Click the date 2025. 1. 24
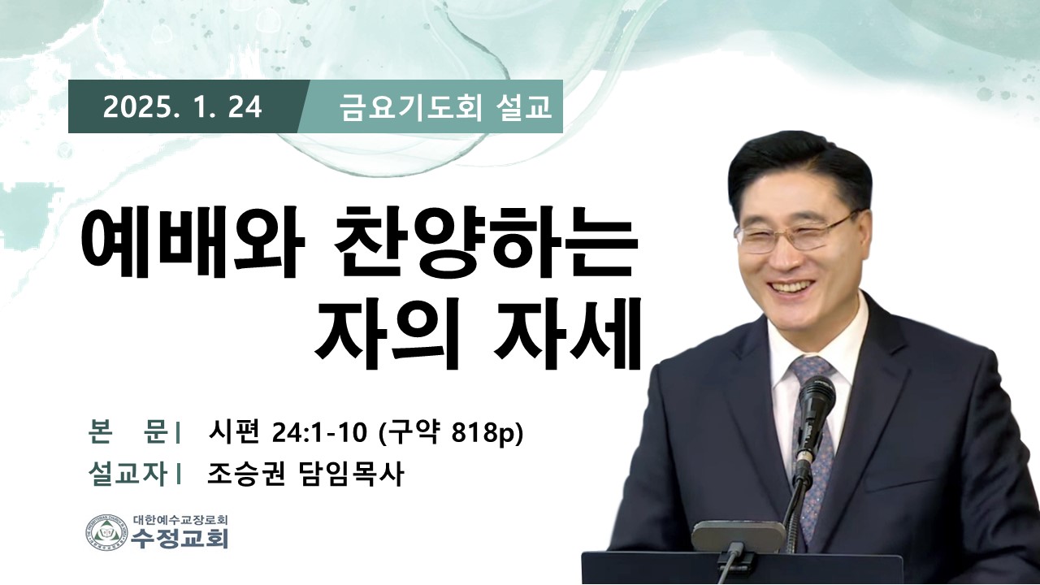click(183, 107)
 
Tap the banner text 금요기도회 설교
click(446, 107)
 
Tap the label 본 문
click(128, 432)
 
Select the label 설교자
click(128, 474)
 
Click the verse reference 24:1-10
click(320, 434)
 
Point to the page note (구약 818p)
click(451, 434)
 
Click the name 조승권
click(246, 474)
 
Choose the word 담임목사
click(350, 474)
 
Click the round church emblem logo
click(106, 534)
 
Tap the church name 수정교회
click(180, 539)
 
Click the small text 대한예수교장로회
click(180, 519)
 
